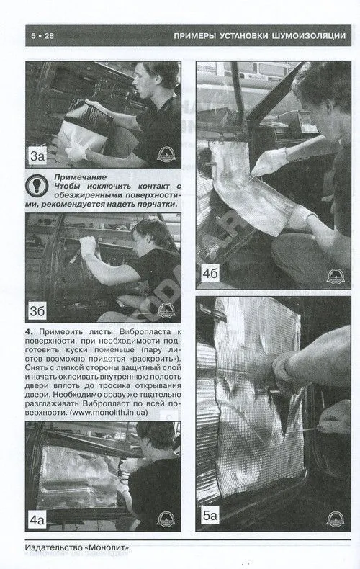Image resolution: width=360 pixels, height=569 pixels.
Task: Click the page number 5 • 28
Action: (x=42, y=35)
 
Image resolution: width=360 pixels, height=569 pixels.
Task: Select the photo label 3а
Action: (x=37, y=156)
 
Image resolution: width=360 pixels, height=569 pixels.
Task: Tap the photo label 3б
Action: (x=37, y=311)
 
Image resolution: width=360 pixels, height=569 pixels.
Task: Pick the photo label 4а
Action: (x=37, y=520)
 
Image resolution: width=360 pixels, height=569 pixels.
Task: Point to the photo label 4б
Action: (x=210, y=273)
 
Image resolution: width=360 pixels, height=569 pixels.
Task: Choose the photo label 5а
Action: (x=210, y=515)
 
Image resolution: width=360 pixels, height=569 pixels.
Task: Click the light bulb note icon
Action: (x=37, y=184)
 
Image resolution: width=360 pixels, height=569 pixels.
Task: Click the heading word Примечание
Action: (x=80, y=177)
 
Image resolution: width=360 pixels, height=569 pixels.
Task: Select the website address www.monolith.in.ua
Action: (x=109, y=412)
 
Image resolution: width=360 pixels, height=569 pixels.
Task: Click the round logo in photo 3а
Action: (x=166, y=155)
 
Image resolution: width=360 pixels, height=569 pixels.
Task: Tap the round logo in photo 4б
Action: (x=336, y=277)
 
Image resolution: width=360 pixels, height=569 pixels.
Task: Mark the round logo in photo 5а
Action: (x=336, y=519)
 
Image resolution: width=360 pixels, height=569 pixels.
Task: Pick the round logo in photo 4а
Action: (x=166, y=519)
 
